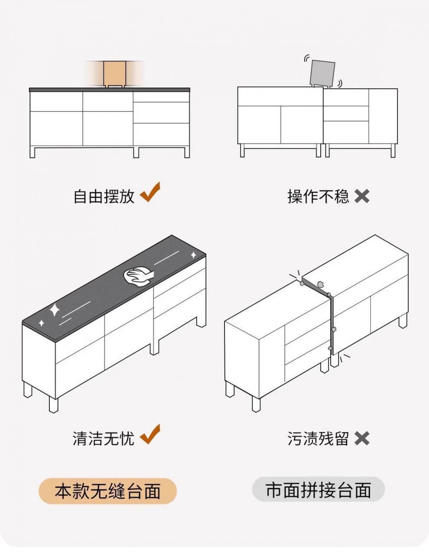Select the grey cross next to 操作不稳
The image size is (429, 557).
362,197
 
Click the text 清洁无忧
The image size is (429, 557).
104,439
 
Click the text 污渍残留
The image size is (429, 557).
318,439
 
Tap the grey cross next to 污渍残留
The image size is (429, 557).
362,439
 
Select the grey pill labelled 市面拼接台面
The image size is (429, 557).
318,490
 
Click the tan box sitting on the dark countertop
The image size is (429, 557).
114,73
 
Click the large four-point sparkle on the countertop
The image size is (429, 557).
55,310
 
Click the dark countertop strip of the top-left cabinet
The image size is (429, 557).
109,90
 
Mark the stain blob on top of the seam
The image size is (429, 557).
321,284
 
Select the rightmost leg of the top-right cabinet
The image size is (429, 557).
393,150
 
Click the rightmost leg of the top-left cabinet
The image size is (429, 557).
187,152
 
